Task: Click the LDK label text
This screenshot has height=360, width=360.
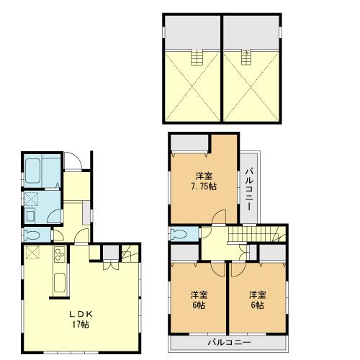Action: point(81,315)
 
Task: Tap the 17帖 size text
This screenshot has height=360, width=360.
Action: point(81,325)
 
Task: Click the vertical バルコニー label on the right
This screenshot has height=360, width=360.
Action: point(248,187)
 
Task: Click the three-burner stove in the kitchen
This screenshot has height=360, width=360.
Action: point(58,253)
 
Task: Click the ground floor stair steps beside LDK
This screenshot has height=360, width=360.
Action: point(129,253)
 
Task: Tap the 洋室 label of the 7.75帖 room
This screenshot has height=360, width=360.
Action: point(204,175)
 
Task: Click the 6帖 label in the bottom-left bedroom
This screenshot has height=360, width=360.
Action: point(198,305)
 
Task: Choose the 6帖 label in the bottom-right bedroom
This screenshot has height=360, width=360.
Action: point(257,305)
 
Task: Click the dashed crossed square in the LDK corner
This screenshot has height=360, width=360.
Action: point(32,252)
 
